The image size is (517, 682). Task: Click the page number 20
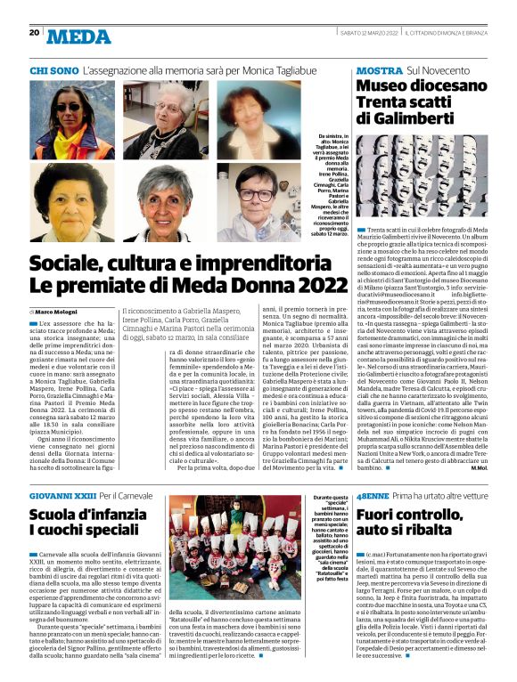coord(34,32)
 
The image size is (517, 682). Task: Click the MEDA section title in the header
coord(78,36)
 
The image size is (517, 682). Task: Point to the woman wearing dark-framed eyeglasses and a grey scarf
coord(256,203)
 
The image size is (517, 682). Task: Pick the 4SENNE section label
coord(372,494)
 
